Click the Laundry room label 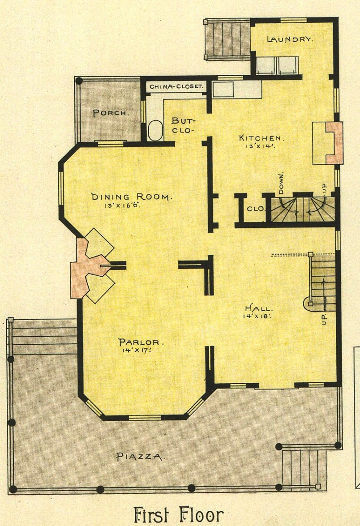coord(290,39)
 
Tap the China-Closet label coord(176,86)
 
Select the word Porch coord(111,113)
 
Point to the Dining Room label coord(132,197)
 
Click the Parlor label coord(141,342)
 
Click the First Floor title coord(179,515)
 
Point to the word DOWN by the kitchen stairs coord(281,183)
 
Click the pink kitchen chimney coord(334,143)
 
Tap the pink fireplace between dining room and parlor coord(88,267)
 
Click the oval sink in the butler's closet coord(154,131)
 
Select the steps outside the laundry coord(227,39)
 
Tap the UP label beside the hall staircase coord(324,319)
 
